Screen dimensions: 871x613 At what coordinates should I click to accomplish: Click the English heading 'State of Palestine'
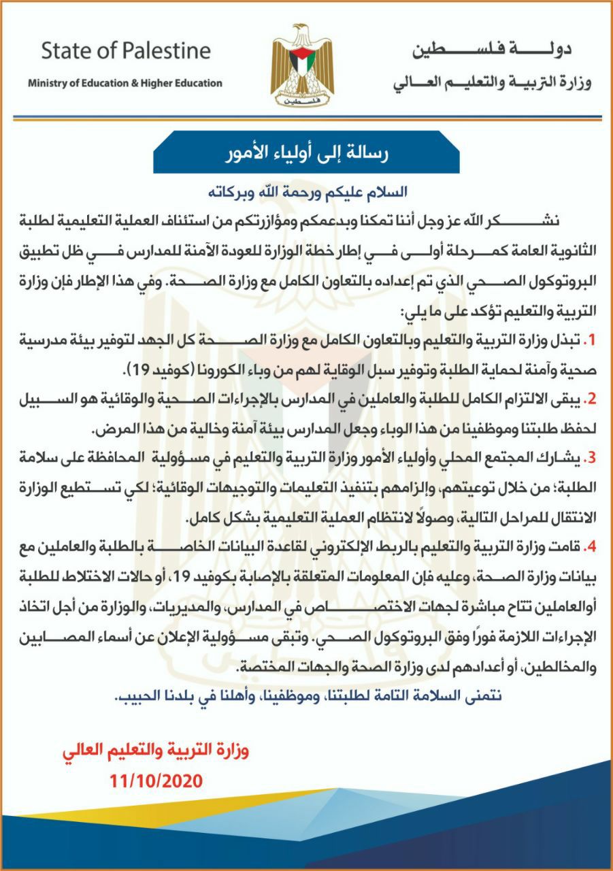coord(126,51)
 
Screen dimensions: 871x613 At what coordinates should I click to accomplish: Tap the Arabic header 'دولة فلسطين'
coord(491,50)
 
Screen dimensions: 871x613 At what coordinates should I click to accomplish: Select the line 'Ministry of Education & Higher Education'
coord(125,83)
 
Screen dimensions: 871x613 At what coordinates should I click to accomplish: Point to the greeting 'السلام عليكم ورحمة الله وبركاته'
coord(305,191)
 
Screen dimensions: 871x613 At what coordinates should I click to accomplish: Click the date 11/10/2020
coord(156,780)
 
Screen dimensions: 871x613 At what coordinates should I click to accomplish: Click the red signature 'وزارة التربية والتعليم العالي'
coord(156,751)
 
